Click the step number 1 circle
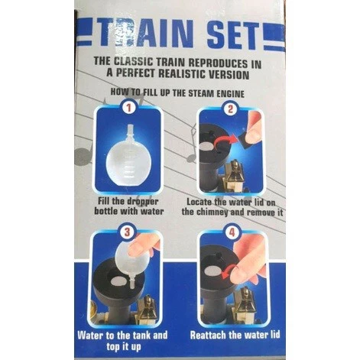click(128, 108)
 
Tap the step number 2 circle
click(230, 109)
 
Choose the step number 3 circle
click(128, 232)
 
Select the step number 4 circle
click(232, 232)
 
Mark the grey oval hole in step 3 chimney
click(118, 281)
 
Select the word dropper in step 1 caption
click(144, 201)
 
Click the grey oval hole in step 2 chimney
click(207, 147)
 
